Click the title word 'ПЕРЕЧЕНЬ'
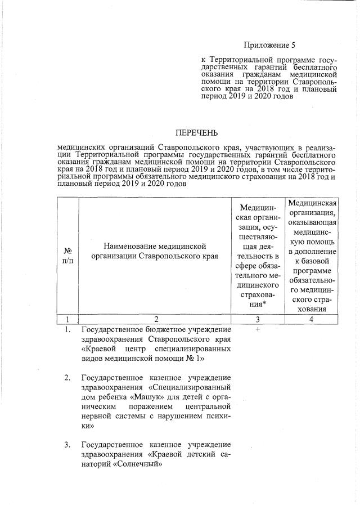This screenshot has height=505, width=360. point(196,133)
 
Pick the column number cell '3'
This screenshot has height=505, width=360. point(257,319)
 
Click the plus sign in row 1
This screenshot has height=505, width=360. point(257,329)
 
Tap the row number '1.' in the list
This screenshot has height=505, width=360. point(68,329)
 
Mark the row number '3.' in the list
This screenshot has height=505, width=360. point(68,446)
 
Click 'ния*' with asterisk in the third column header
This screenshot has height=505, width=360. point(257,303)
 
